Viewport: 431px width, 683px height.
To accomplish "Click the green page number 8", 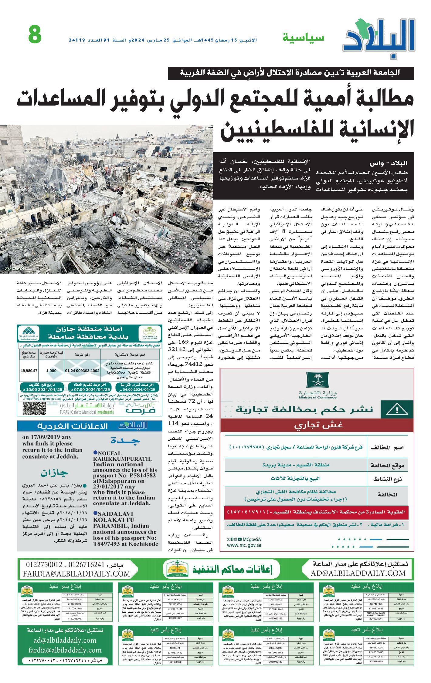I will click(x=35, y=34).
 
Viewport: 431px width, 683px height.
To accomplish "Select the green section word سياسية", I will click(x=303, y=38).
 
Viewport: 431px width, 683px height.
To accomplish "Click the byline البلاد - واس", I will click(x=388, y=163).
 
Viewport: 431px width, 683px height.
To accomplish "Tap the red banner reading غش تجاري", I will click(x=317, y=426).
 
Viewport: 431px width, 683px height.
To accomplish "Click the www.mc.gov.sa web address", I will click(x=244, y=545).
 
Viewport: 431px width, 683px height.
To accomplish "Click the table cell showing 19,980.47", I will click(x=29, y=371).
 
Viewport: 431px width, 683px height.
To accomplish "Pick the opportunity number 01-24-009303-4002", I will click(x=82, y=371).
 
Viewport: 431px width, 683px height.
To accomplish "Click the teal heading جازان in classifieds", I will click(x=55, y=473).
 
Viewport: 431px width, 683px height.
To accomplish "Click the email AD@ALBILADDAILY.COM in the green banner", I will click(x=358, y=573).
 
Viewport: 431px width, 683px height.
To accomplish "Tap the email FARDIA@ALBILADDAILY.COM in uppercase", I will click(x=76, y=574).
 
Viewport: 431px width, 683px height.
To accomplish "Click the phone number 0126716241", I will click(x=86, y=564).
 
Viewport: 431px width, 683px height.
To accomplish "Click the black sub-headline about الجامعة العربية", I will click(x=290, y=73).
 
